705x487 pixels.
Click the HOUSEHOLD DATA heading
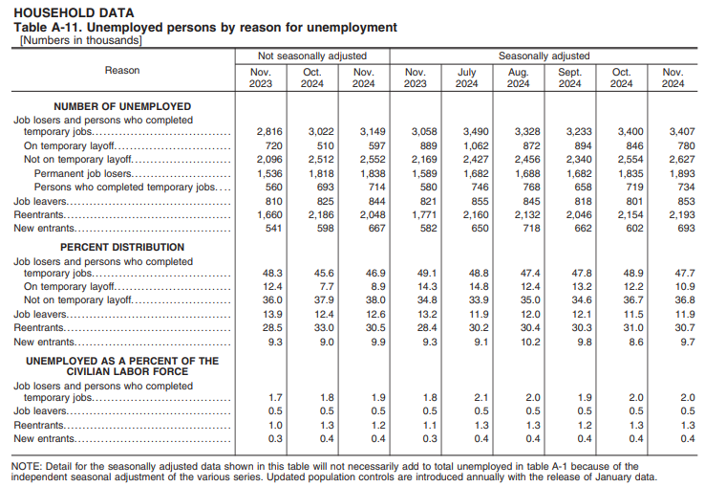point(73,12)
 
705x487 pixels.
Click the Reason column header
point(121,70)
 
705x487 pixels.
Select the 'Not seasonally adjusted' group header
point(311,56)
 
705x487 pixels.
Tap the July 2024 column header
point(466,77)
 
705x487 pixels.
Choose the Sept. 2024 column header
point(569,77)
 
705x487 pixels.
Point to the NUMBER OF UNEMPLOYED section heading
point(122,106)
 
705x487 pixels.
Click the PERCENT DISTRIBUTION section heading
point(122,247)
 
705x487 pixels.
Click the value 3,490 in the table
point(466,132)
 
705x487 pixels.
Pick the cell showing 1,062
point(466,145)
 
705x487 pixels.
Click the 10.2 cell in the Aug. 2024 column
point(518,342)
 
